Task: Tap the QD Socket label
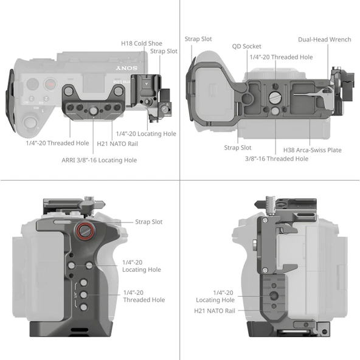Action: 247,46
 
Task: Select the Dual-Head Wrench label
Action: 324,40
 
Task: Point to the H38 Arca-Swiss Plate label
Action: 312,150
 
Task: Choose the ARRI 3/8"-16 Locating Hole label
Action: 99,160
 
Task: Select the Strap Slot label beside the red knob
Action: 148,222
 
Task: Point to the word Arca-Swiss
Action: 313,150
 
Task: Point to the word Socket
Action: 252,46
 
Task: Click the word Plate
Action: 334,150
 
